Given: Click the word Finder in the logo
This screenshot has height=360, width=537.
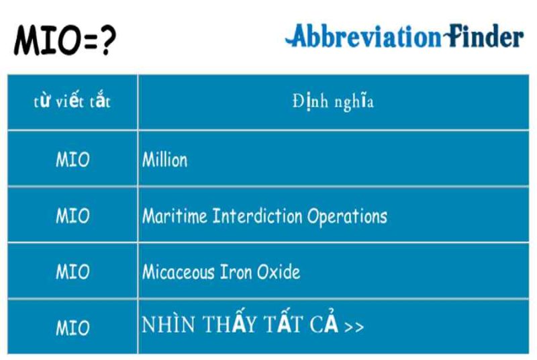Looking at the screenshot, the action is (484, 36).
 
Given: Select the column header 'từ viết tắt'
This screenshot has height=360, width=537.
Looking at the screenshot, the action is (72, 101).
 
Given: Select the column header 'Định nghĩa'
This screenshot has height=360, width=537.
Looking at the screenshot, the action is (333, 101).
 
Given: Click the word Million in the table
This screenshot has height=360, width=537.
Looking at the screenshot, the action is (164, 160).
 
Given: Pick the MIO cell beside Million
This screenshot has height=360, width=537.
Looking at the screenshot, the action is (72, 160).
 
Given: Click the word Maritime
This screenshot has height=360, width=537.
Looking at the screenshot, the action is (175, 216).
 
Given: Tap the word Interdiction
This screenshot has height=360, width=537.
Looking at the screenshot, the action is (257, 216).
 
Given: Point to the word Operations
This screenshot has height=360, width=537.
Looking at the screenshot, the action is (347, 216).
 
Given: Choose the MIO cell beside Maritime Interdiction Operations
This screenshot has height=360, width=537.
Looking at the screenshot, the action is (72, 216).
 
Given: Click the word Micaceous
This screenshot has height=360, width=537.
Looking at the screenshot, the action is (178, 272).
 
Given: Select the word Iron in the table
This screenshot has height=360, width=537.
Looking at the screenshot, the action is (236, 272).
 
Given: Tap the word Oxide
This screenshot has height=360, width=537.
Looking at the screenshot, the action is (279, 272).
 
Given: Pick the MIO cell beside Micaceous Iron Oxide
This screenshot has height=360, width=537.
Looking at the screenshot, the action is (72, 272).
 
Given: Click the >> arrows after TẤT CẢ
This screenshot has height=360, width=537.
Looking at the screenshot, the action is (354, 326).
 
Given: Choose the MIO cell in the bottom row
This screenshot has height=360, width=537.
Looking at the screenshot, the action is (72, 328).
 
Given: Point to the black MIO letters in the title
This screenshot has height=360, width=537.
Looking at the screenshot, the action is (47, 40).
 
